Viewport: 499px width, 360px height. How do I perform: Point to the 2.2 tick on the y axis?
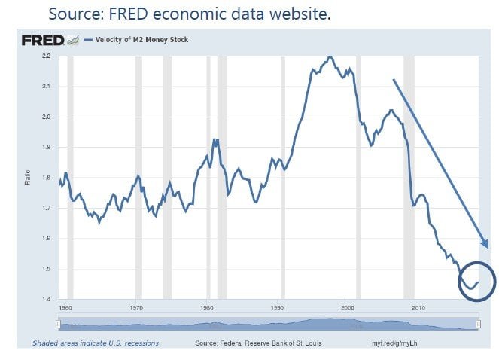click(x=46, y=56)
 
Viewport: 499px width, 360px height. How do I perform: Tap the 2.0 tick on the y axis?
click(x=46, y=117)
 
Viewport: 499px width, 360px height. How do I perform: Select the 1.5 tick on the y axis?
click(x=46, y=269)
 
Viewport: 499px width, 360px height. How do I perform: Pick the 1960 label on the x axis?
click(x=65, y=308)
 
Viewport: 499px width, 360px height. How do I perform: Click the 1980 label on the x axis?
click(x=207, y=308)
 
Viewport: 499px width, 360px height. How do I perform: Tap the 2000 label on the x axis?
click(x=348, y=308)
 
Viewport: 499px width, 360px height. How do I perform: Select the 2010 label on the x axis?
click(x=418, y=308)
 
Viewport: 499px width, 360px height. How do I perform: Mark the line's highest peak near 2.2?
click(x=330, y=57)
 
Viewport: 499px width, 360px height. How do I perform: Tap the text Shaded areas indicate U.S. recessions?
click(x=96, y=343)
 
